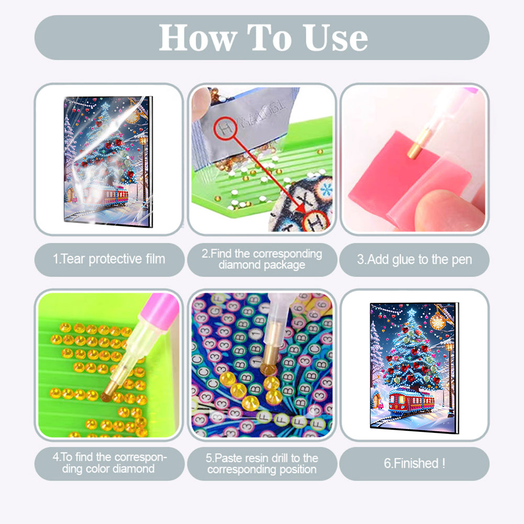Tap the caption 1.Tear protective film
(x=109, y=259)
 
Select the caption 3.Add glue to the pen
(x=414, y=259)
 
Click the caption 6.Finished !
(x=414, y=463)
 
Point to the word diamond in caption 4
(x=133, y=469)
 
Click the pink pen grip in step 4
(x=160, y=306)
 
